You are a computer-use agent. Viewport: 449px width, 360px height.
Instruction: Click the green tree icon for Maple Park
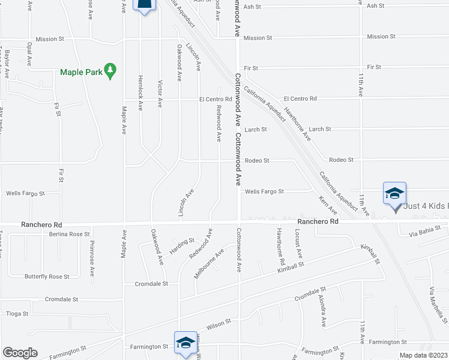[x=110, y=72]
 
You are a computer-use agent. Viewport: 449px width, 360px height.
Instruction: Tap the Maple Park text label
[x=81, y=73]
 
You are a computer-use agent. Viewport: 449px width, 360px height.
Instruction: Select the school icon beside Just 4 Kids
[x=394, y=194]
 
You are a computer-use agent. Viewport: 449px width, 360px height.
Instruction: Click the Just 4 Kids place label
[x=426, y=206]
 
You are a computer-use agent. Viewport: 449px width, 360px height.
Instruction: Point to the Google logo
[x=20, y=353]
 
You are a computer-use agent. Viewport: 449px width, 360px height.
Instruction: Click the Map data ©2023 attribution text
[x=424, y=355]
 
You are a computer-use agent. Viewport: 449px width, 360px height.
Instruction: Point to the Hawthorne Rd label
[x=280, y=247]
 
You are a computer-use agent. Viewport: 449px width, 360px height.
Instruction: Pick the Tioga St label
[x=17, y=313]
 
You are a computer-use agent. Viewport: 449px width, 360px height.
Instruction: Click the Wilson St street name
[x=219, y=324]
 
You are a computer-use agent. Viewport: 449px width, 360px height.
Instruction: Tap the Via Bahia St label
[x=424, y=229]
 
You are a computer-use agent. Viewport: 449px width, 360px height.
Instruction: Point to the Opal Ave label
[x=28, y=55]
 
